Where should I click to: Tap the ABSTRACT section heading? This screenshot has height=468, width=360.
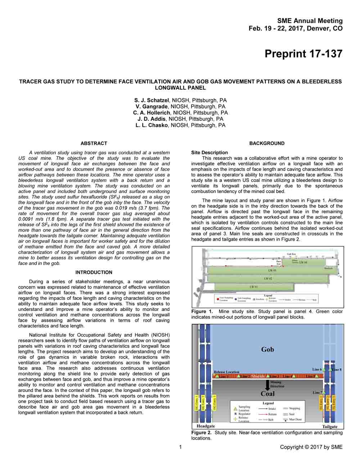coord(94,143)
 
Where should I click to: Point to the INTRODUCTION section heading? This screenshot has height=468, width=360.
coord(94,273)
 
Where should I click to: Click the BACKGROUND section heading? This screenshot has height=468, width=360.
coord(267,143)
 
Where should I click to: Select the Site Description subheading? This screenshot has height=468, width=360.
coord(210,152)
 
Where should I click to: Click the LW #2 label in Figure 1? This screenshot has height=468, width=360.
coord(268,278)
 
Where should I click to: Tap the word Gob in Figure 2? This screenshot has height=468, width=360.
coord(267,349)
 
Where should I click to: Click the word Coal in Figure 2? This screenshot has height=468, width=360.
coord(267,393)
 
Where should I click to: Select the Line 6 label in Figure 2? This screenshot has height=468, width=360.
coord(317,369)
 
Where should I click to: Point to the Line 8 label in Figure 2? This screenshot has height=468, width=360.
coord(337,369)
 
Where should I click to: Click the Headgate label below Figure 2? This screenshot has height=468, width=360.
coord(206,426)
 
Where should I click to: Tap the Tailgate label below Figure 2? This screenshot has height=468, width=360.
coord(330,427)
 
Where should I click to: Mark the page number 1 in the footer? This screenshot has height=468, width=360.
coord(180,447)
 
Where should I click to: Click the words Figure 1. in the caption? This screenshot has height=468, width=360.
coord(202,312)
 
